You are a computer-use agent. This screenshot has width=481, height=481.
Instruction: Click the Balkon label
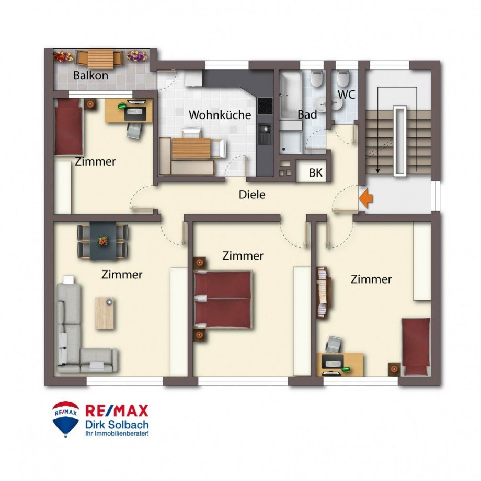coord(90,75)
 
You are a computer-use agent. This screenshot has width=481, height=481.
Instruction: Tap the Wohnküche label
coord(220,115)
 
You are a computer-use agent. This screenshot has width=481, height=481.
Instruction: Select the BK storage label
coord(316,173)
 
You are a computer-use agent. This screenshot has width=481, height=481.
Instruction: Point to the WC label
coord(347,95)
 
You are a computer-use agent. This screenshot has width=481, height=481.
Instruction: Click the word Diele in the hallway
coord(252,194)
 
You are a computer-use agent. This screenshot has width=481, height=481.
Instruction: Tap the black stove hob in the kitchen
coord(265,106)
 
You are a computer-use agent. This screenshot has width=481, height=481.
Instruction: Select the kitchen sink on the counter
coord(265,134)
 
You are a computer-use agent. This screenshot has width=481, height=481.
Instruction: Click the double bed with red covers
coord(223,299)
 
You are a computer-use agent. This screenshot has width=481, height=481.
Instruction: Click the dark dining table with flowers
coord(103,241)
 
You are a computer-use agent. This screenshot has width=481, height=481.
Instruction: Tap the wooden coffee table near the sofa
coord(105,313)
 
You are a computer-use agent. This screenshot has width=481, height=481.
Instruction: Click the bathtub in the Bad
coord(291,95)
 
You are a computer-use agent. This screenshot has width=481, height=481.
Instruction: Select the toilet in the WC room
coord(343,79)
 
